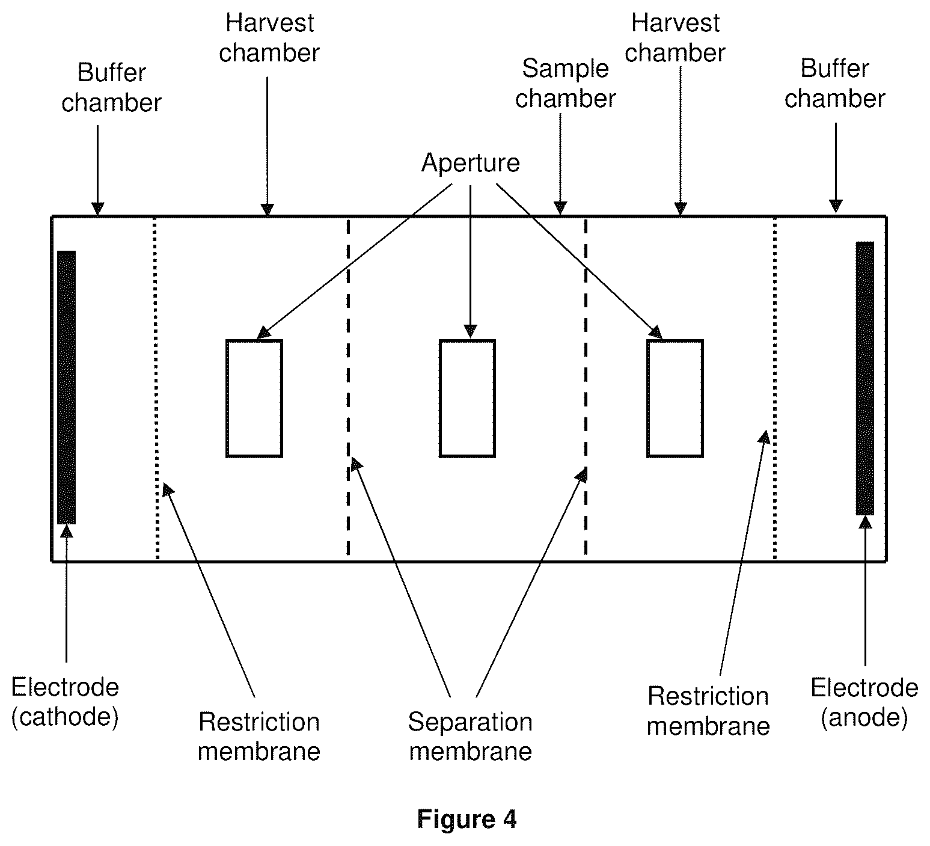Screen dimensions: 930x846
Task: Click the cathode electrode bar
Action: tap(66, 387)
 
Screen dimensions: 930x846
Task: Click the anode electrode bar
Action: tap(865, 378)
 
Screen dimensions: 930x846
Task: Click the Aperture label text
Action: tap(470, 163)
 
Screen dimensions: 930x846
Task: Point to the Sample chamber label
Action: tap(565, 84)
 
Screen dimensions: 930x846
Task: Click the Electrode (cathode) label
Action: tap(65, 702)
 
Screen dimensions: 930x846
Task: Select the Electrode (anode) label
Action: tap(864, 702)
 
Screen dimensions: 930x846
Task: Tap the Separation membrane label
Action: tap(470, 737)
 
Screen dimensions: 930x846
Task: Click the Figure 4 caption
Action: tap(467, 819)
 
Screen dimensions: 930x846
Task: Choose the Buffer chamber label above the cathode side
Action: tap(112, 88)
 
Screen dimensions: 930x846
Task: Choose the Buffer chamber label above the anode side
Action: tap(834, 84)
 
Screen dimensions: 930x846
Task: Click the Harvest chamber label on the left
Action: tap(269, 38)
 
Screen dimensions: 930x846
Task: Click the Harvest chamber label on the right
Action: tap(675, 38)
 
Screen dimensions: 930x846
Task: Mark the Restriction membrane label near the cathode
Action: tap(259, 737)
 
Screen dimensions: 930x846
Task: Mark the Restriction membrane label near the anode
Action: tap(708, 711)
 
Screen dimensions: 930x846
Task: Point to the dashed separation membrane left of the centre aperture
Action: tap(348, 388)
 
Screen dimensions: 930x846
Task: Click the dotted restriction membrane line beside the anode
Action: tap(774, 388)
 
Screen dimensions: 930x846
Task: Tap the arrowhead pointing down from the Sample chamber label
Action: tap(560, 208)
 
